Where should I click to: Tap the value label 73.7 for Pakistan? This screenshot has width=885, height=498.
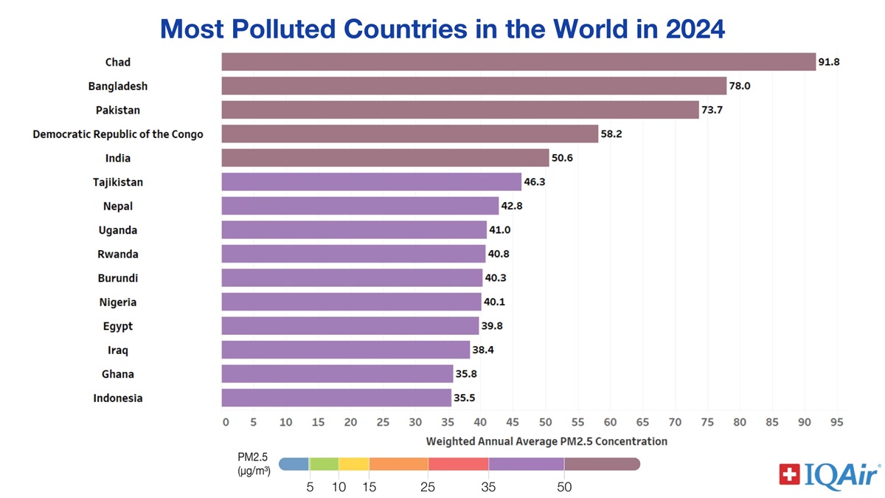coord(714,110)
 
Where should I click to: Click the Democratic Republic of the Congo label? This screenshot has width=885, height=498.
coord(118,134)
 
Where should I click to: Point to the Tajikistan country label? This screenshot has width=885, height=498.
coord(118,182)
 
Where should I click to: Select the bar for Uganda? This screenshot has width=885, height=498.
coord(354,230)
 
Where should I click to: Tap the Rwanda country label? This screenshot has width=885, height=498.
coord(118,254)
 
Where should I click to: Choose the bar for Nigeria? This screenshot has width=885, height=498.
coord(351,302)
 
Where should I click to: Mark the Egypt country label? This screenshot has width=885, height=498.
coord(118,326)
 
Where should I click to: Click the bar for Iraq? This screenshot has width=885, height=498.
coord(345,350)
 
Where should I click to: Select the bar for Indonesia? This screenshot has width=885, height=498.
coord(336,398)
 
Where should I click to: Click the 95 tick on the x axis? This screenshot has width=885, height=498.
coord(836,422)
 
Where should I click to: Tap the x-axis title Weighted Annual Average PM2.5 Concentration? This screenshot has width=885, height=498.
coord(546,441)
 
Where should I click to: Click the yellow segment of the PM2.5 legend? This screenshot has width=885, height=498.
coord(353,464)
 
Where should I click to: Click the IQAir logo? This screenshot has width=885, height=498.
coord(829,474)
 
